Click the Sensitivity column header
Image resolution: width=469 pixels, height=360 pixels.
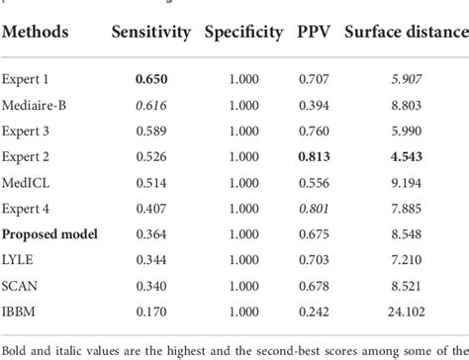[152, 33]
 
